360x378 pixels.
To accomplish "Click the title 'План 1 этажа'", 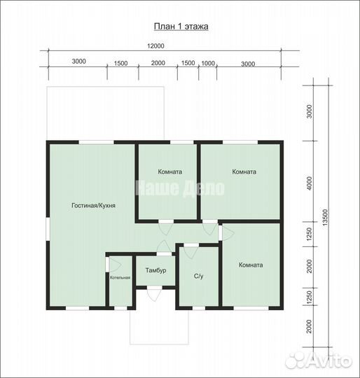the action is pyautogui.click(x=181, y=27).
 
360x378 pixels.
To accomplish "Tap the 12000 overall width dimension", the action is pyautogui.click(x=155, y=45).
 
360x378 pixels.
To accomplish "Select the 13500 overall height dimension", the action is pyautogui.click(x=325, y=218).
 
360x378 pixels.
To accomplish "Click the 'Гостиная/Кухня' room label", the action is pyautogui.click(x=94, y=205).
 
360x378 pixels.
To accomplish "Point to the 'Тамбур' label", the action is pyautogui.click(x=155, y=270).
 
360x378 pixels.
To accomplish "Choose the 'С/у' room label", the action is pyautogui.click(x=198, y=276).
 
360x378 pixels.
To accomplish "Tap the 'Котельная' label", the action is pyautogui.click(x=120, y=277).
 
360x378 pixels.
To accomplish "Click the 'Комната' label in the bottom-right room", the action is pyautogui.click(x=251, y=265).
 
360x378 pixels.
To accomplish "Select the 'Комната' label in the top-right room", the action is pyautogui.click(x=244, y=171).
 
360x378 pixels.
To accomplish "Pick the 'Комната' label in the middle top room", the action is pyautogui.click(x=170, y=171).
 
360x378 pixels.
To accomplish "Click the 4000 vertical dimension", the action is pyautogui.click(x=309, y=183).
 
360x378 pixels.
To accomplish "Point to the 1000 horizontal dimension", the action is pyautogui.click(x=208, y=64).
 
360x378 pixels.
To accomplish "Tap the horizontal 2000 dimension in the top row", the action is pyautogui.click(x=158, y=63).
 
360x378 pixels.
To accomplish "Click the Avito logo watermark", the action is pyautogui.click(x=318, y=360).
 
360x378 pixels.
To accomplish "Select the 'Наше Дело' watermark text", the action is pyautogui.click(x=180, y=188).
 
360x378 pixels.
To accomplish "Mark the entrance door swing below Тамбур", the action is pyautogui.click(x=155, y=295).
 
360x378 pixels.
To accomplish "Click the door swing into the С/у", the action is pyautogui.click(x=191, y=253).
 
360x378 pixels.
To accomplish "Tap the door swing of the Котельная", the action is pyautogui.click(x=116, y=265).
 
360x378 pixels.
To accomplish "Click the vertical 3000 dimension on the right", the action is pyautogui.click(x=309, y=111).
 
